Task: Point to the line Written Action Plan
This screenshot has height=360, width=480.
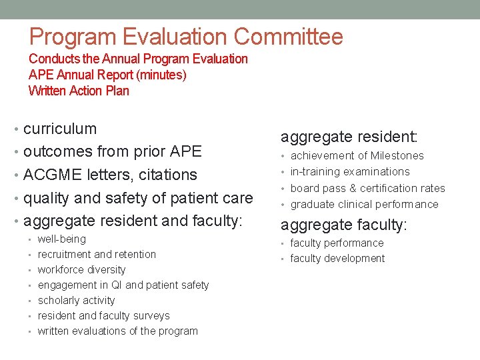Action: coord(79,91)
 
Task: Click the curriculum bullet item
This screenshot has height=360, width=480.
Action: coord(60,129)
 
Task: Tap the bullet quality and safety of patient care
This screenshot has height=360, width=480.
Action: coord(138,198)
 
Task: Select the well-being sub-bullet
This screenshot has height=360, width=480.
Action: coord(62,239)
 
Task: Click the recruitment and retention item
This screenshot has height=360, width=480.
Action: coord(97,254)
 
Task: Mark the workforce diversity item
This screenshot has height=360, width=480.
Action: coord(81,269)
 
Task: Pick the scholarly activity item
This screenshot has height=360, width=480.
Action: coord(76,300)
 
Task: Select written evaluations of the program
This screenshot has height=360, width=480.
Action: coord(117,331)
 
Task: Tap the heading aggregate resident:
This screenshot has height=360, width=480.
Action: coord(349,137)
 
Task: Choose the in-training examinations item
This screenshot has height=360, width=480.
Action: coord(350,171)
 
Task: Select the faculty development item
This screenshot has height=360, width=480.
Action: coord(337,258)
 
